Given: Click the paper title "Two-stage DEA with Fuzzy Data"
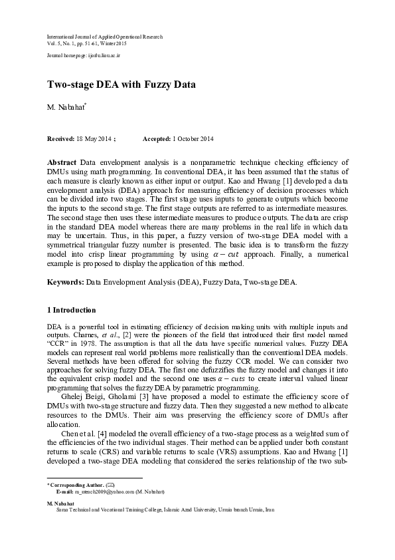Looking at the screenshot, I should (121, 85).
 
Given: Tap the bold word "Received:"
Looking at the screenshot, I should (60, 138).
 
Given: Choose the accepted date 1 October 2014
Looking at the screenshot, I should (193, 138).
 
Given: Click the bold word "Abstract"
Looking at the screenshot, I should (62, 162).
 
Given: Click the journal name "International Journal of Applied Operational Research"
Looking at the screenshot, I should (104, 37).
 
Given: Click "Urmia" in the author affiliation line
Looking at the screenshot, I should (258, 509).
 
